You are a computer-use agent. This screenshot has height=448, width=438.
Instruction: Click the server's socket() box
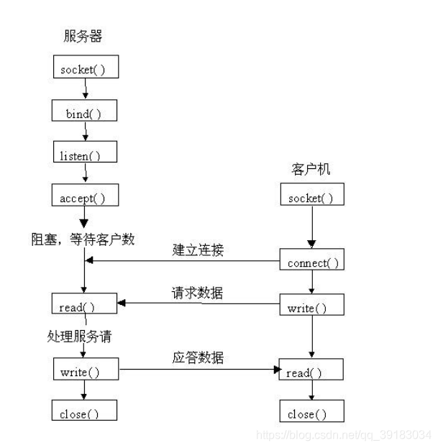[85, 68]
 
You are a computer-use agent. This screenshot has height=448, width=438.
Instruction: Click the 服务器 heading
[83, 36]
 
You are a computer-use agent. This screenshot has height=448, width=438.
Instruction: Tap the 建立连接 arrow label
[198, 250]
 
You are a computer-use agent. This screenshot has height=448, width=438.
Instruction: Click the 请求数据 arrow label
[197, 293]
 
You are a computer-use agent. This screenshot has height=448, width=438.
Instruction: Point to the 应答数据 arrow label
[197, 357]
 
